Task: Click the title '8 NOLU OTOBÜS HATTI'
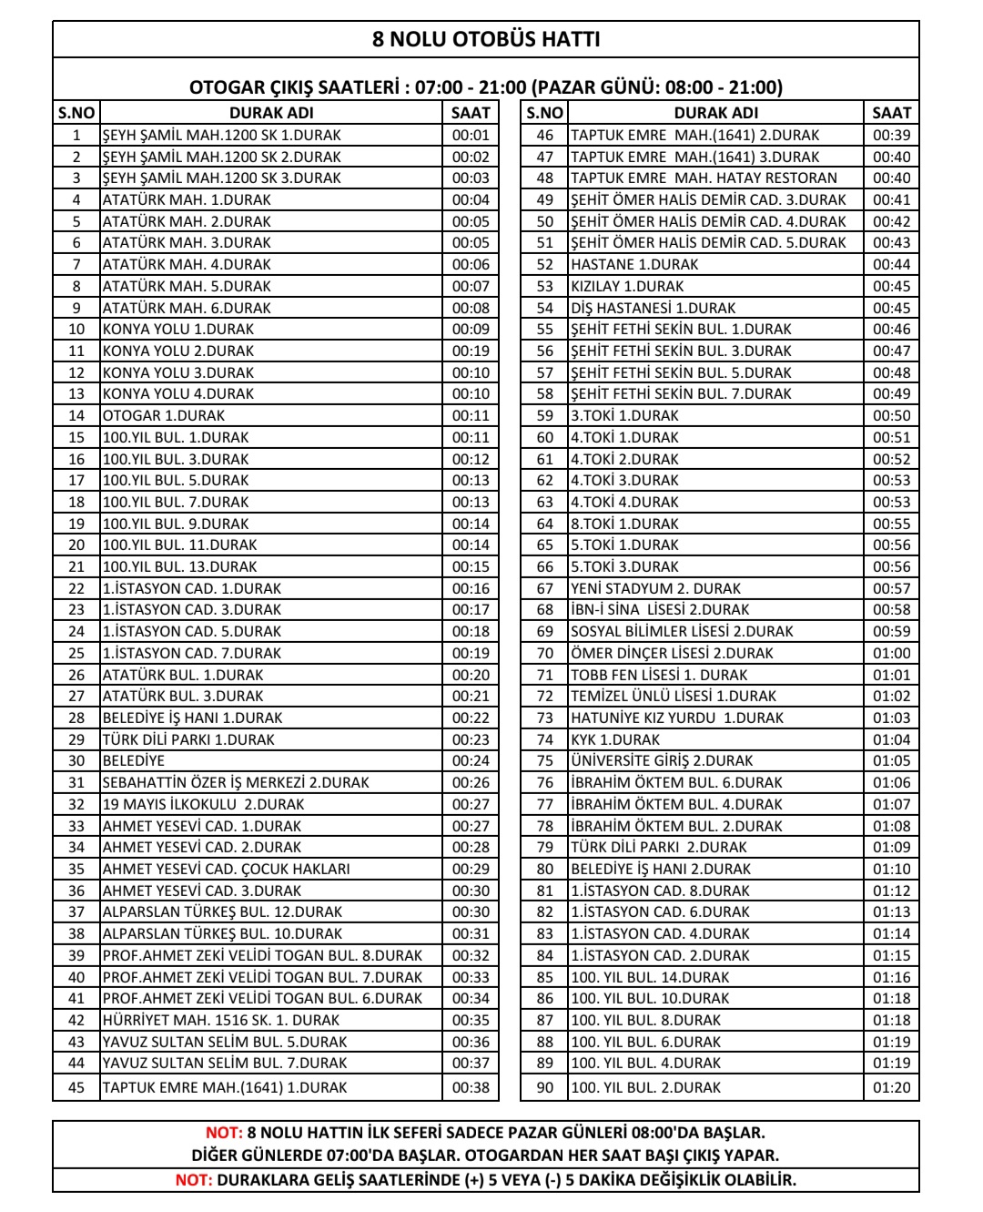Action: click(486, 39)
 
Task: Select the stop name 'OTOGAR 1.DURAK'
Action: click(164, 415)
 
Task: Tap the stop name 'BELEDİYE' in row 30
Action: click(134, 760)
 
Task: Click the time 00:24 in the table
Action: click(471, 760)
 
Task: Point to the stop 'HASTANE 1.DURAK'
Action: click(634, 264)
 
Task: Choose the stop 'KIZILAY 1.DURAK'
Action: click(627, 286)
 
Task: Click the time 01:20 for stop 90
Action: click(891, 1087)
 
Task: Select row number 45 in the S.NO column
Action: click(76, 1087)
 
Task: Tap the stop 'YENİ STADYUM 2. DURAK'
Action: click(655, 588)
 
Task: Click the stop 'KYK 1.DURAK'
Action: click(615, 739)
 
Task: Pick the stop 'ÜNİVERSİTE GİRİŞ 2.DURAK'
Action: click(662, 760)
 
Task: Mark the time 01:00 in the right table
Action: click(891, 653)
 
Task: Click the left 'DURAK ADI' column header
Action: click(271, 113)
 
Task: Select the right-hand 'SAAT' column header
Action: click(891, 113)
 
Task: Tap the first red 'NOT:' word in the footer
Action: click(224, 1133)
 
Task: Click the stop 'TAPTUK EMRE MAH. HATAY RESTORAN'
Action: click(704, 178)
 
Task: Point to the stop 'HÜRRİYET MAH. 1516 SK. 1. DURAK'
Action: click(221, 1020)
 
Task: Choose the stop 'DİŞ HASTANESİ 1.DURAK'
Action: click(653, 308)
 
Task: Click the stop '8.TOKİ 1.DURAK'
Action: click(624, 524)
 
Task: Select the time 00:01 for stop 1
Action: click(471, 135)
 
